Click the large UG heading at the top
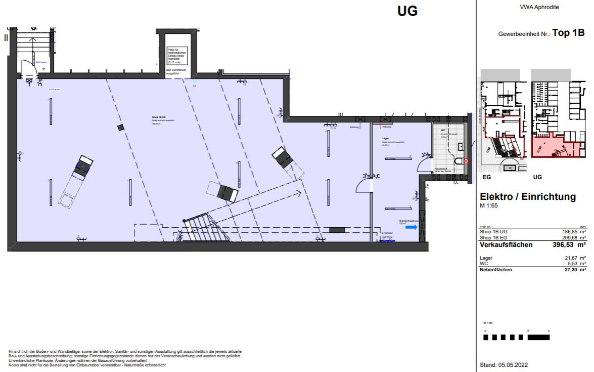pyautogui.click(x=407, y=11)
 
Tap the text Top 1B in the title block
pyautogui.click(x=568, y=33)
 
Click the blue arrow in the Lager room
pyautogui.click(x=412, y=227)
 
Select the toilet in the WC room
pyautogui.click(x=459, y=161)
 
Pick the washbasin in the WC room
pyautogui.click(x=461, y=145)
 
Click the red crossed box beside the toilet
pyautogui.click(x=466, y=161)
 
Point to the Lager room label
pyautogui.click(x=386, y=138)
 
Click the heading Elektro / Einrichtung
pyautogui.click(x=527, y=197)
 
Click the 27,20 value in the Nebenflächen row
pyautogui.click(x=570, y=270)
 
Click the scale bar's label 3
pyautogui.click(x=549, y=331)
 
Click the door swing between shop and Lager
pyautogui.click(x=364, y=184)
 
